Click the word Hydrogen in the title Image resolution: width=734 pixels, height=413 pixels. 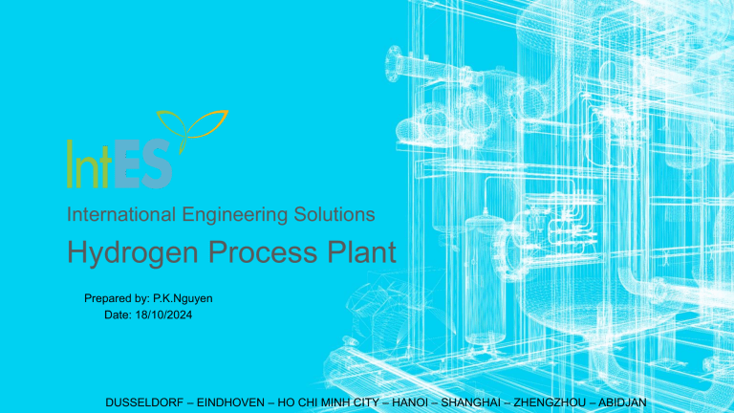pyautogui.click(x=133, y=253)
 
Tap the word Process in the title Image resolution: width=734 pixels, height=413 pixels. pyautogui.click(x=263, y=252)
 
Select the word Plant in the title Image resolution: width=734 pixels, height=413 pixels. pyautogui.click(x=361, y=251)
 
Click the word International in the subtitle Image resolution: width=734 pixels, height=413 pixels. pyautogui.click(x=121, y=214)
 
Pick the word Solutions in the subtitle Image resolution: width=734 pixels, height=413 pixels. pyautogui.click(x=335, y=214)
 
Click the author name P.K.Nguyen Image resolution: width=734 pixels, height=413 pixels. pyautogui.click(x=183, y=298)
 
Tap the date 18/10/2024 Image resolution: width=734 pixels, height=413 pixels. pyautogui.click(x=163, y=315)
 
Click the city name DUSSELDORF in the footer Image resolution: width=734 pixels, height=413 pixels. pyautogui.click(x=144, y=402)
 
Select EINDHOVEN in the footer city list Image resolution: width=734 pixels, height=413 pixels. pyautogui.click(x=230, y=402)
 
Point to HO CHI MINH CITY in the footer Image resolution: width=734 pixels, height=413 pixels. pyautogui.click(x=328, y=402)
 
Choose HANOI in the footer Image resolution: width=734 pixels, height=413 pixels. pyautogui.click(x=410, y=402)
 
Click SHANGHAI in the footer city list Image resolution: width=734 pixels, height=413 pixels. pyautogui.click(x=471, y=402)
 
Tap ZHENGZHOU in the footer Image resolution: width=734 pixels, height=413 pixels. pyautogui.click(x=550, y=402)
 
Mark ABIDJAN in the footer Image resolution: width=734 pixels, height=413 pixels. pyautogui.click(x=622, y=402)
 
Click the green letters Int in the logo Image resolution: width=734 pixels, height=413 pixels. pyautogui.click(x=90, y=163)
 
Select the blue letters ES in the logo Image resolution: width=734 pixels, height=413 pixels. pyautogui.click(x=142, y=163)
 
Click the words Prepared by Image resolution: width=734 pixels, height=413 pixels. pyautogui.click(x=116, y=298)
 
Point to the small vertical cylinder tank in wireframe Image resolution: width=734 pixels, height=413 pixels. pyautogui.click(x=486, y=281)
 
